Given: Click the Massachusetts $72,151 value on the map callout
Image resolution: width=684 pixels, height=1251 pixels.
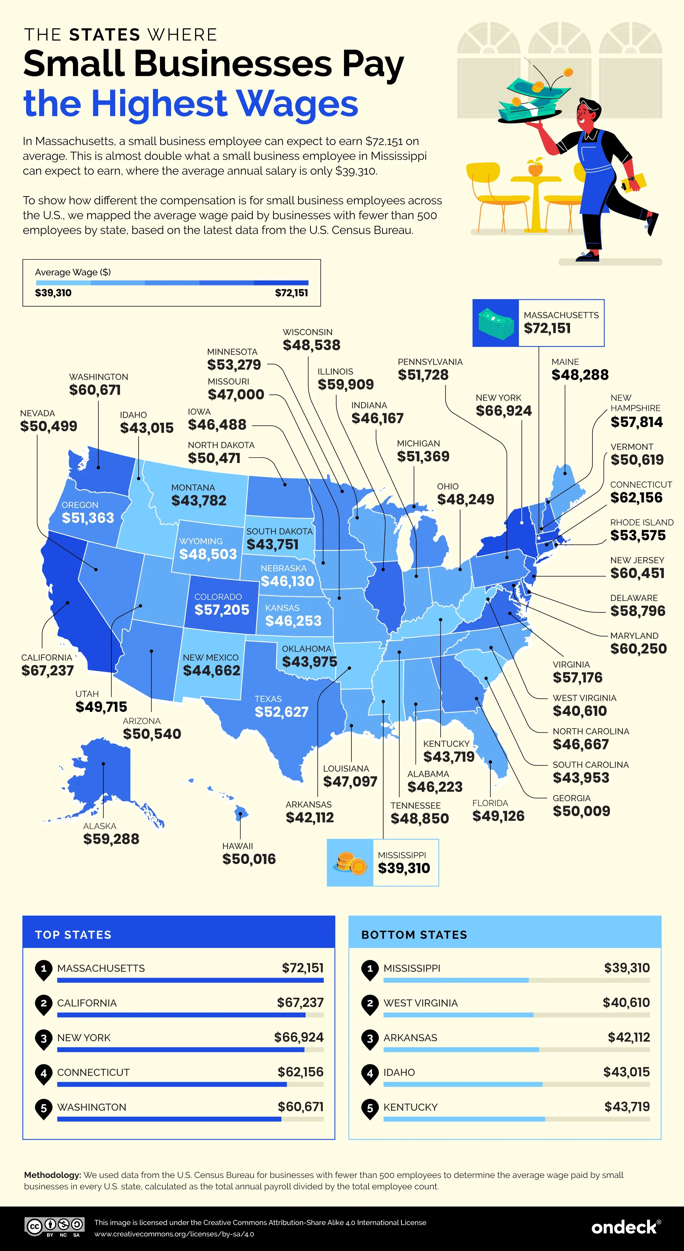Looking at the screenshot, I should point(547,329).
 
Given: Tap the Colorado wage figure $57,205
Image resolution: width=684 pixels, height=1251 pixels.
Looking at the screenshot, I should point(222,610).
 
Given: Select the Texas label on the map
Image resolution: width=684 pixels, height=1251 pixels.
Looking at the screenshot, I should point(268,699).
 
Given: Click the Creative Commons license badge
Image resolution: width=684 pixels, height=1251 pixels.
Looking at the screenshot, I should point(55,1227).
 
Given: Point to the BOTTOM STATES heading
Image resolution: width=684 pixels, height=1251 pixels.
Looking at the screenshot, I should point(414,935).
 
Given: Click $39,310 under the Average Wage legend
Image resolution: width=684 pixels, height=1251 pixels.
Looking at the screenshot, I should point(53,293).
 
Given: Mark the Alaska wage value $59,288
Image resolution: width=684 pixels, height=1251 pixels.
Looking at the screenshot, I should point(111,839).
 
